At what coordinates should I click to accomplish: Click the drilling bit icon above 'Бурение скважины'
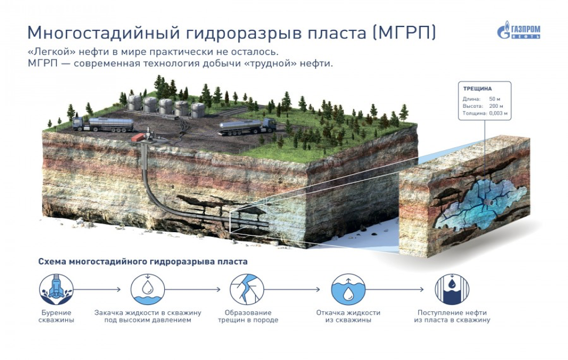(x=56, y=290)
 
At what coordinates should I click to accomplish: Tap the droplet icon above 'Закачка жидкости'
(x=147, y=290)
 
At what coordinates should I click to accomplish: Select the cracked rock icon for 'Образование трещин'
(x=246, y=290)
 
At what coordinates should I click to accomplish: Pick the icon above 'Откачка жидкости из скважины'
(x=348, y=290)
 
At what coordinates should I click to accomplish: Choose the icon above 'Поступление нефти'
(x=452, y=290)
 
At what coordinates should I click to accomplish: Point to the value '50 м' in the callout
(x=495, y=99)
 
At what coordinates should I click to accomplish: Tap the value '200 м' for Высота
(x=496, y=106)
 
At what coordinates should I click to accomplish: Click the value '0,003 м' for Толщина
(x=498, y=113)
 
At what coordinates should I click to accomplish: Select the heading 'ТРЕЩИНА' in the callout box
(x=478, y=89)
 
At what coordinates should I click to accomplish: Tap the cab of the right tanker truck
(x=268, y=125)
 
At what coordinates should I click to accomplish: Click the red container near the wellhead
(x=138, y=138)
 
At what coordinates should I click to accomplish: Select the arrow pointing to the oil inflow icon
(x=395, y=290)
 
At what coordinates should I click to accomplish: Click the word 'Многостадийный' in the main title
(x=104, y=33)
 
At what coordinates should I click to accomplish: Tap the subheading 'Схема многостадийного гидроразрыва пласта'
(x=143, y=261)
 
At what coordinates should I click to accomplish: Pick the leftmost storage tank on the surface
(x=134, y=102)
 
